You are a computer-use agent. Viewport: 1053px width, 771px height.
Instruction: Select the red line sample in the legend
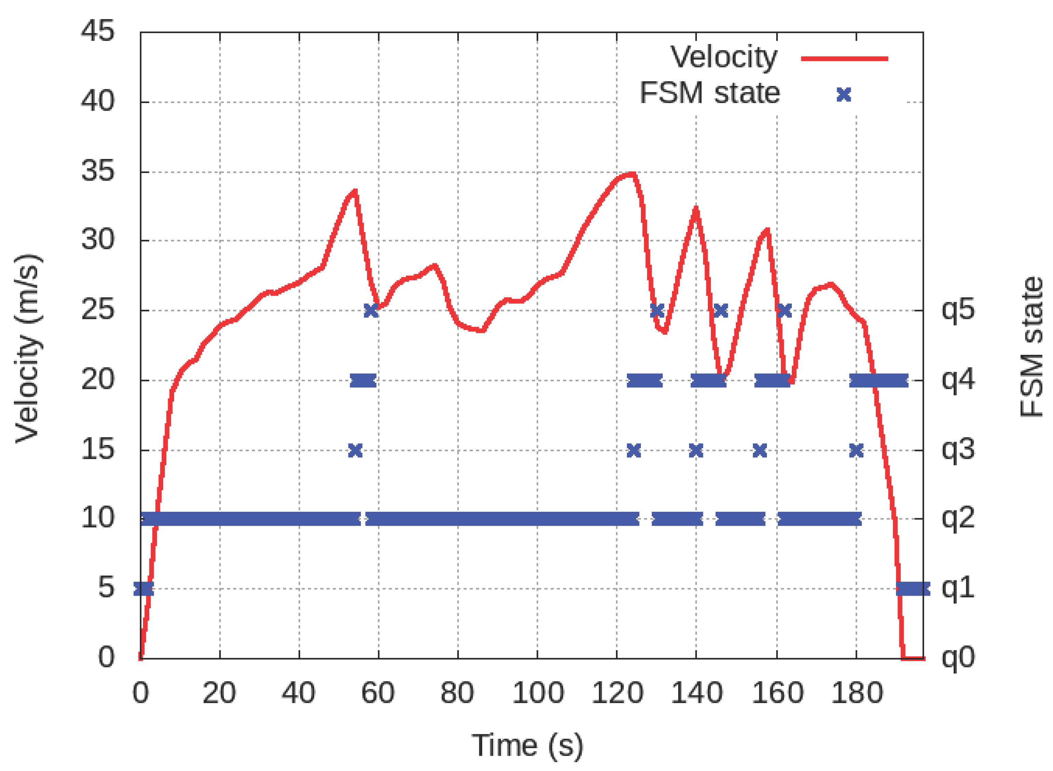point(844,59)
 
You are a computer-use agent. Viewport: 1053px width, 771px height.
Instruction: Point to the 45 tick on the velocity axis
point(98,32)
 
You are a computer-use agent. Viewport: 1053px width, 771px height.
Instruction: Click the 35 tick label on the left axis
point(98,171)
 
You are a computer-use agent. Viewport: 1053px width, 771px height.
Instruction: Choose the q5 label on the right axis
point(958,309)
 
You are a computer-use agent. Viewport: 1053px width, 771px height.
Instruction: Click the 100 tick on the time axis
point(537,694)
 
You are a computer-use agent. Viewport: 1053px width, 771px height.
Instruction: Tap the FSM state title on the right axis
point(1031,347)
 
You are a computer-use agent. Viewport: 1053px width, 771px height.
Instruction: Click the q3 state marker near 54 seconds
point(355,450)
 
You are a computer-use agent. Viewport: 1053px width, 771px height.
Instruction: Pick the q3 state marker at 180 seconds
point(856,450)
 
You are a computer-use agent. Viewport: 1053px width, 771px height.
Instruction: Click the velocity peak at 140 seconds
point(696,209)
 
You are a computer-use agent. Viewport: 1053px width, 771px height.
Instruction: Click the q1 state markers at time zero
point(143,589)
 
